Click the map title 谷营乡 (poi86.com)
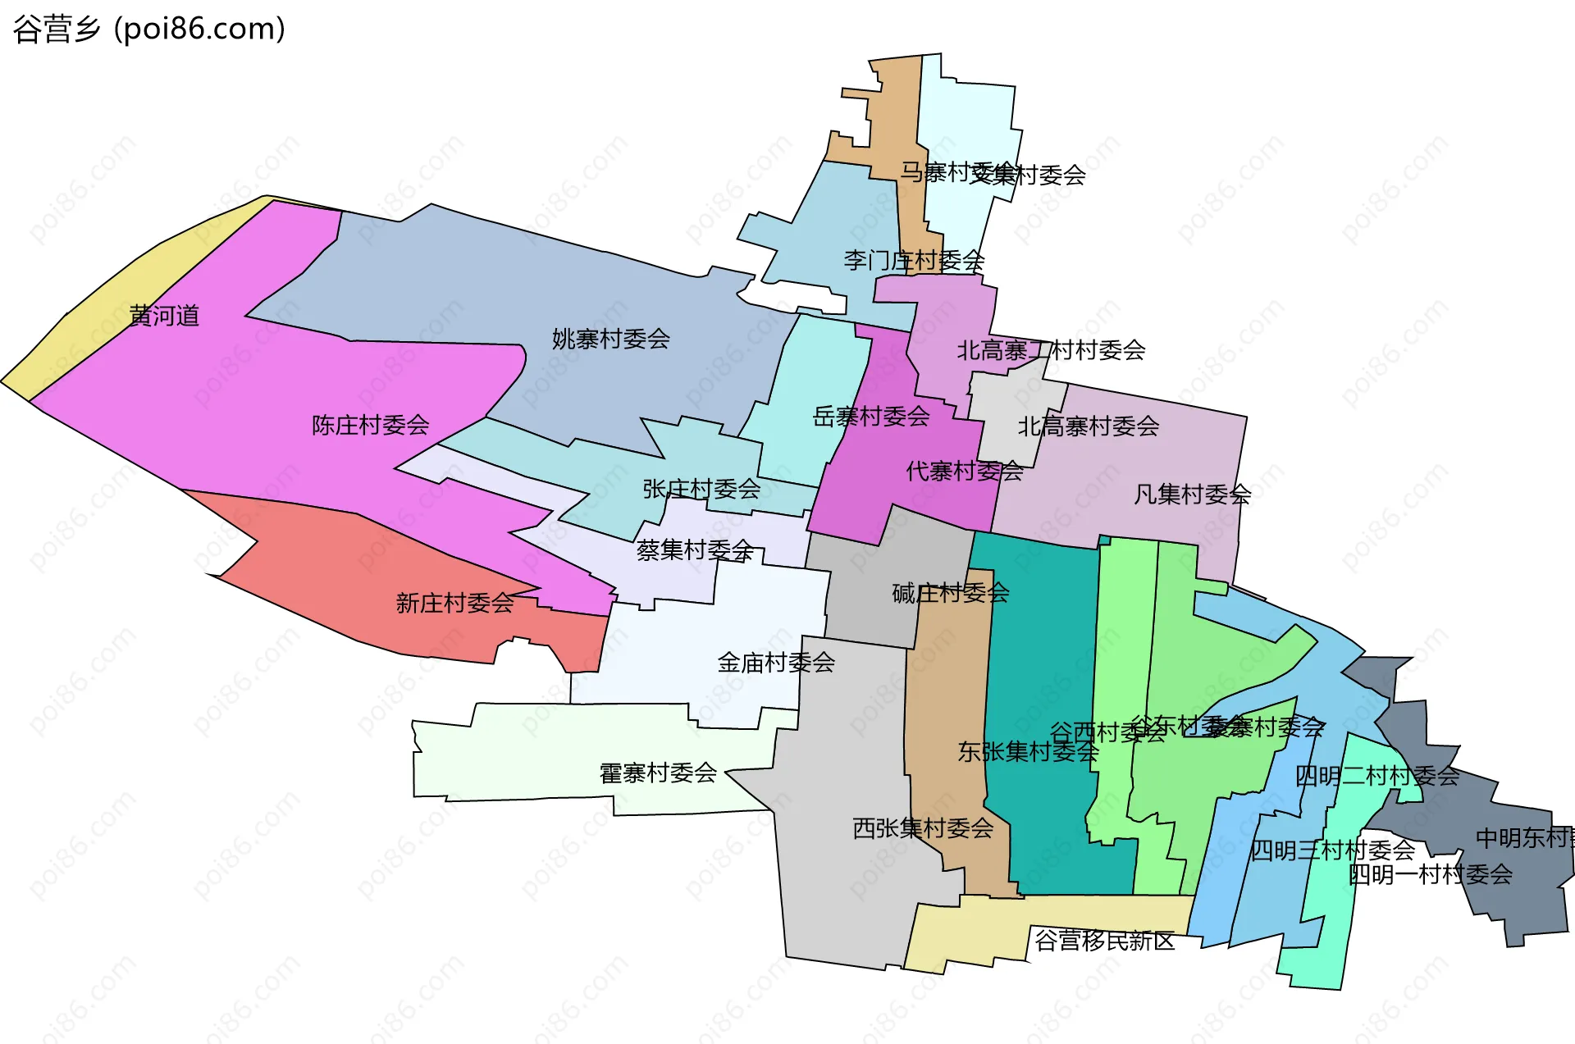click(x=149, y=30)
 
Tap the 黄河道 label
click(x=164, y=316)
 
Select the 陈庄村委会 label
click(x=371, y=425)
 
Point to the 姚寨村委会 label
click(x=611, y=339)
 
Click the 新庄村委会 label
click(x=454, y=604)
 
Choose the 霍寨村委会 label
click(x=658, y=773)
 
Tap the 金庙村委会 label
click(x=776, y=662)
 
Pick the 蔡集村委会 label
click(x=695, y=549)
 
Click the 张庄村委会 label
click(x=701, y=489)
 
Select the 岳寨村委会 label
click(x=871, y=417)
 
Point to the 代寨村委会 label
click(x=965, y=471)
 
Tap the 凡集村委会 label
click(x=1192, y=494)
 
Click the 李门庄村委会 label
click(x=914, y=261)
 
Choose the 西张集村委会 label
click(x=923, y=828)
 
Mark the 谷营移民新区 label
click(x=1104, y=941)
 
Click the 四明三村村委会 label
click(x=1332, y=850)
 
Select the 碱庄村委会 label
click(x=951, y=593)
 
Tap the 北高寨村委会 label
click(x=1089, y=426)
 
